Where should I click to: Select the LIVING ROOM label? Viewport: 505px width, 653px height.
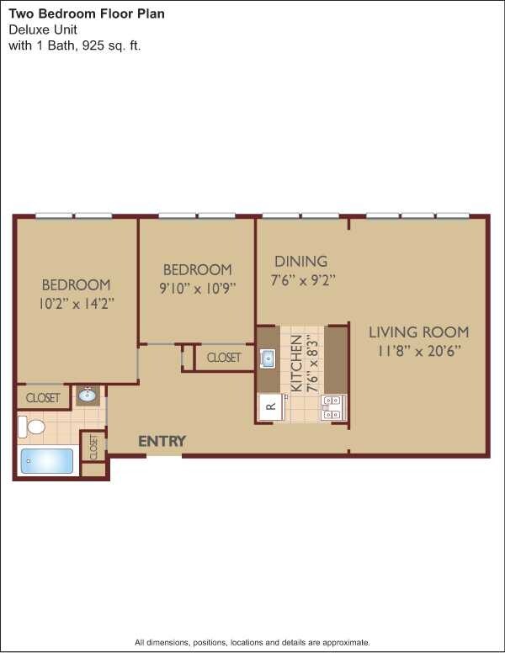pos(418,332)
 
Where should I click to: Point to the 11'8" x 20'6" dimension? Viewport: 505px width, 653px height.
pos(418,350)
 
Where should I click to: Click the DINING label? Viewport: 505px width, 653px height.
pos(300,261)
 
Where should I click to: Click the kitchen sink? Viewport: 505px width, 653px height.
pos(268,359)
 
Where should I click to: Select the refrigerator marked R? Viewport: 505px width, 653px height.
pos(270,406)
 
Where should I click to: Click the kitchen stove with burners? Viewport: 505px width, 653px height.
pos(333,407)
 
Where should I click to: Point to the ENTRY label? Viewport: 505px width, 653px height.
pos(162,441)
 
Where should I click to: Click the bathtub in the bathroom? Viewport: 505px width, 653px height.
pos(47,461)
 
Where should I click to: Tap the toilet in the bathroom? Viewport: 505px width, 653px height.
pos(32,427)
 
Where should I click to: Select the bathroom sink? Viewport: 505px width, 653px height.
pos(88,395)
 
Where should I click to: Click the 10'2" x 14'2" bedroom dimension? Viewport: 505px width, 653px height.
pos(77,302)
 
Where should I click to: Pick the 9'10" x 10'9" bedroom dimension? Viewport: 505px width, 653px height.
pos(197,287)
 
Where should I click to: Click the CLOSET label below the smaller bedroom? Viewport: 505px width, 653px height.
pos(223,358)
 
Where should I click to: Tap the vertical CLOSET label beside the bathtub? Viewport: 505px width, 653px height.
pos(93,447)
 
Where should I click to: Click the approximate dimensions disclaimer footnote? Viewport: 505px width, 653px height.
pos(252,642)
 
